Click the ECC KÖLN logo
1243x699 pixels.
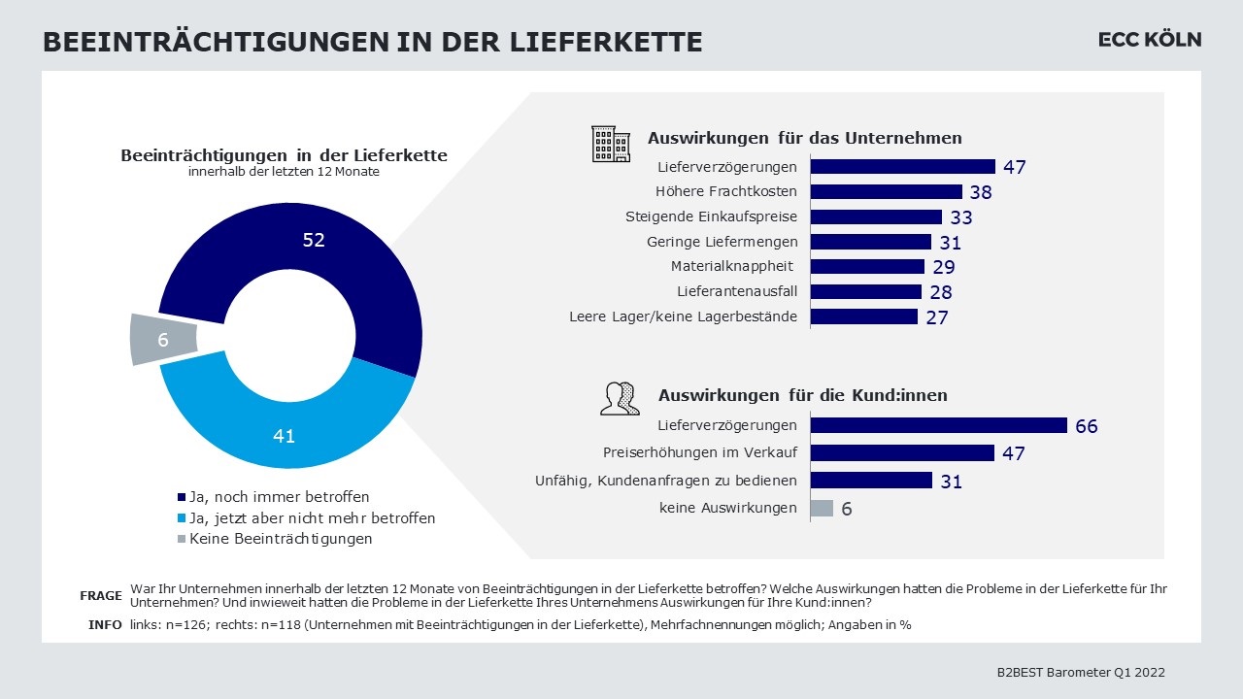pos(1149,40)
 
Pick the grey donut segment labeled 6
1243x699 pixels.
pos(162,340)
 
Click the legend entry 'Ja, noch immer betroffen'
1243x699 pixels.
pos(279,497)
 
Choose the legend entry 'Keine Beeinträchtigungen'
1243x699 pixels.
pos(280,539)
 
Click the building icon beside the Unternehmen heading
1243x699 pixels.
pos(611,143)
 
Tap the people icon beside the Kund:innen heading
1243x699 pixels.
pos(620,398)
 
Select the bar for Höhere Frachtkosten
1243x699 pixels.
pos(886,191)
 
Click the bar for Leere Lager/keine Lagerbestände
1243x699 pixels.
pos(863,316)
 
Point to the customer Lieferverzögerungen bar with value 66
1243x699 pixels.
pos(938,425)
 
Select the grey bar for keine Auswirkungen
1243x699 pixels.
pos(822,508)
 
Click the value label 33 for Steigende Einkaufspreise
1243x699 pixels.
pos(961,217)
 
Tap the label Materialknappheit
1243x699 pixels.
pos(732,266)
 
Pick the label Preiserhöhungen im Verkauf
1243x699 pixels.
pos(699,452)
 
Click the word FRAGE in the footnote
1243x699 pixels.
pos(100,596)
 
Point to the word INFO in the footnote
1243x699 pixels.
pos(105,625)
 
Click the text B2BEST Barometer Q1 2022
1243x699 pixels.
pos(1081,672)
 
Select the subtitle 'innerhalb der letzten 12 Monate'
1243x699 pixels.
pos(284,172)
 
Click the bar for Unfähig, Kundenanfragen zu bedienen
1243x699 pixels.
pos(871,481)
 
